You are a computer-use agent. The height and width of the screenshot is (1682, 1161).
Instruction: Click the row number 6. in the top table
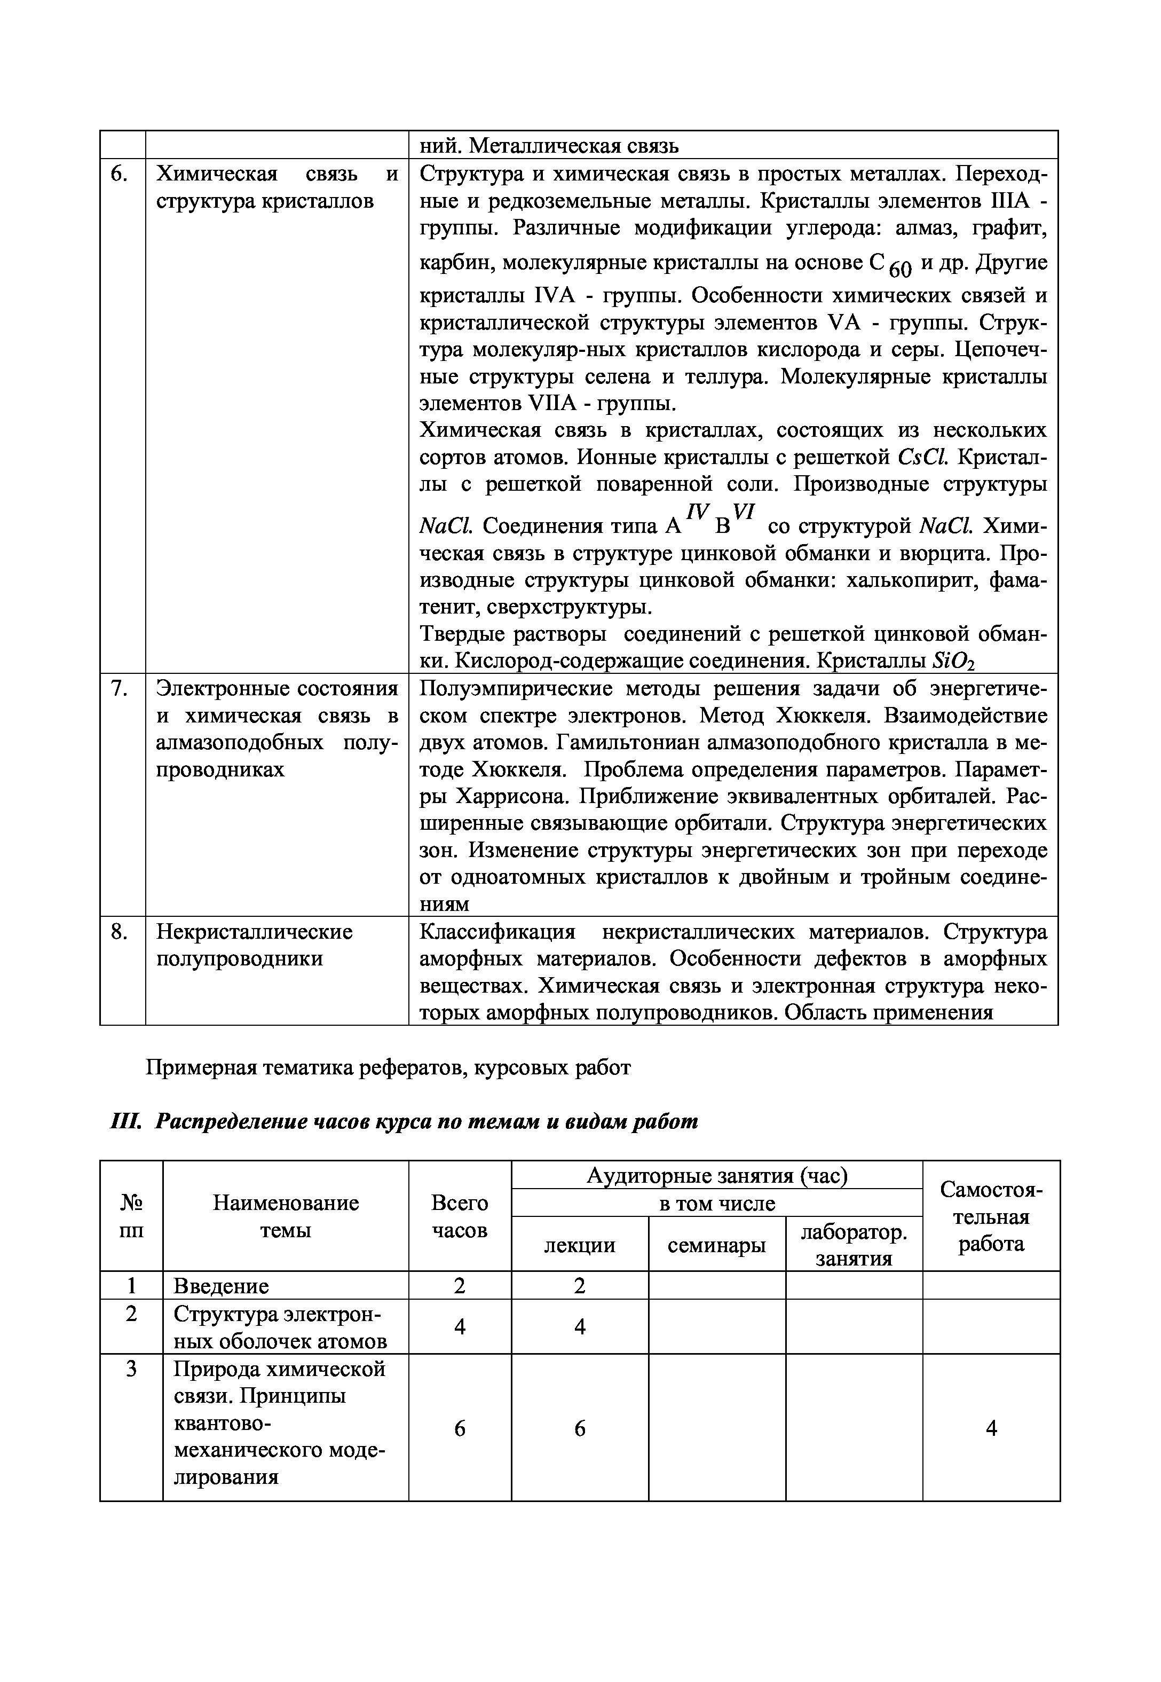tap(121, 174)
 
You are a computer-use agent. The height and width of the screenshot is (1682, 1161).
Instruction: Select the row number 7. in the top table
tap(120, 688)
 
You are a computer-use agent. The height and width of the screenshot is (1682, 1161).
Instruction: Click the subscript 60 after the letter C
tap(899, 270)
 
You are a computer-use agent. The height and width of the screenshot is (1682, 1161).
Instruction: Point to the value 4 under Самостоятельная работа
tap(991, 1428)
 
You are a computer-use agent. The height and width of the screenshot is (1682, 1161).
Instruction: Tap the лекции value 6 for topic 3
tap(580, 1429)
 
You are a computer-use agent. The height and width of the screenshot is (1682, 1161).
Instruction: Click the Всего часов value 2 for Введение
tap(460, 1286)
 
